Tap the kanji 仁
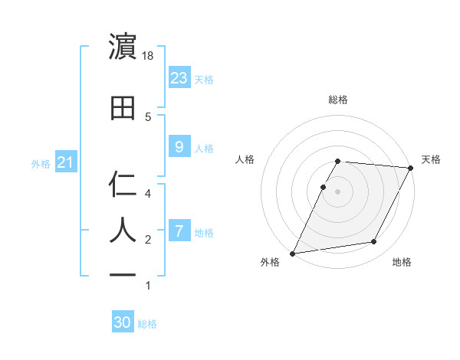[123, 185]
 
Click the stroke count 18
[149, 56]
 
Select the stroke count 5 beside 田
[148, 116]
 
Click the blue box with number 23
[179, 77]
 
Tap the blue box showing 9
[179, 147]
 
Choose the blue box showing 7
[179, 231]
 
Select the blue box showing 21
[65, 162]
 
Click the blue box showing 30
[123, 322]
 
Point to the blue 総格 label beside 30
[147, 324]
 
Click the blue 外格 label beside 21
[41, 163]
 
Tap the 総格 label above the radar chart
[338, 100]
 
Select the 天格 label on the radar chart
[431, 159]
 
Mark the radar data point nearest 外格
[292, 254]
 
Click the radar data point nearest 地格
[374, 242]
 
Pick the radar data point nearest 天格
[411, 168]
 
